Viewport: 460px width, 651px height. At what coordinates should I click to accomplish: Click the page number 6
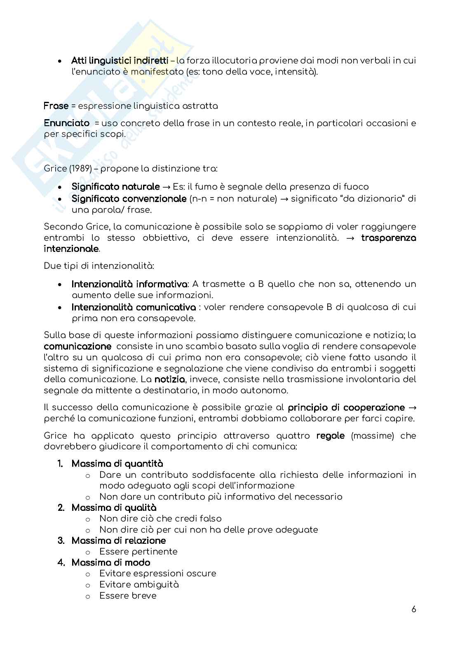point(413,621)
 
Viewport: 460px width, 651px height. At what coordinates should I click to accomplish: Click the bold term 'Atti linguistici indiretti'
point(120,61)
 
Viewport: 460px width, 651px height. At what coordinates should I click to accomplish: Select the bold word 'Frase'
point(56,106)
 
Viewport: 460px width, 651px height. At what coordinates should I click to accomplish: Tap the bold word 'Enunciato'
point(66,123)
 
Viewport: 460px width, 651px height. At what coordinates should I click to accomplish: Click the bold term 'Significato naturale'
point(115,187)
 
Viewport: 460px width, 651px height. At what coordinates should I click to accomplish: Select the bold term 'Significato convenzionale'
point(129,199)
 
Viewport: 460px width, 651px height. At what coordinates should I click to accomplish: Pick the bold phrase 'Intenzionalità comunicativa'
point(134,307)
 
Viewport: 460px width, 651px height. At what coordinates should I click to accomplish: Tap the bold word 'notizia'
point(169,379)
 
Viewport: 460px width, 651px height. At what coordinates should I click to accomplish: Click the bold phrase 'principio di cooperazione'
point(346,408)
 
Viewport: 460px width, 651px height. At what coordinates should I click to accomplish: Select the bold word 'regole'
point(330,436)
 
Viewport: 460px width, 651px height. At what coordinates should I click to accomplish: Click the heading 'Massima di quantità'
point(117,464)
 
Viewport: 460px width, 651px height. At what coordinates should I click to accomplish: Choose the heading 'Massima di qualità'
point(114,508)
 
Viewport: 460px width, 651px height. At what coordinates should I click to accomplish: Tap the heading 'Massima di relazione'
point(118,541)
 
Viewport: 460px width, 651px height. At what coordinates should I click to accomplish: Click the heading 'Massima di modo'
point(110,562)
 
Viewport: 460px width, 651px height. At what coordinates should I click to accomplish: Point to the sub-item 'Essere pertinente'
point(138,552)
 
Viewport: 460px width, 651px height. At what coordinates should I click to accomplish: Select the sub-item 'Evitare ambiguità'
point(139,585)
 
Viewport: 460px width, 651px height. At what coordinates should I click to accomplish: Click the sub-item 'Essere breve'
point(128,596)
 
